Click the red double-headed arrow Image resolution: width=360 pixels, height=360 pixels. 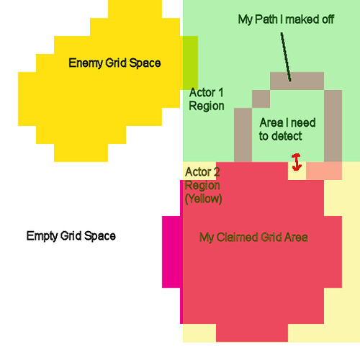tap(297, 162)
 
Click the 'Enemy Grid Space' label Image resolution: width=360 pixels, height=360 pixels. tap(114, 63)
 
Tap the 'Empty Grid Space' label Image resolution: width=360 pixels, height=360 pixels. tap(71, 236)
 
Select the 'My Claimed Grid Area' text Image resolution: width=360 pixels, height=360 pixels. tap(253, 238)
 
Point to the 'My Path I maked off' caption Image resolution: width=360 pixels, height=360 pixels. tap(286, 19)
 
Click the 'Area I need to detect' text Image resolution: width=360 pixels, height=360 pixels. tap(287, 130)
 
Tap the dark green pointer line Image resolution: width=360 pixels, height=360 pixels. tap(286, 57)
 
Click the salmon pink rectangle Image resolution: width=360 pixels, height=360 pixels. tap(324, 171)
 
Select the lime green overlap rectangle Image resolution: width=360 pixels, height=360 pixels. tap(190, 63)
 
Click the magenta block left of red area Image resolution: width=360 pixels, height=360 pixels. tap(173, 252)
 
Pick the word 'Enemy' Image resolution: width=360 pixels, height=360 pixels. tap(86, 63)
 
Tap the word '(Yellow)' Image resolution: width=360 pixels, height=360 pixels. tap(204, 199)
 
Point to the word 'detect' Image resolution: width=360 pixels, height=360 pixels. tap(287, 136)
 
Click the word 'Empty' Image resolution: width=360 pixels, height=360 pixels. tap(42, 236)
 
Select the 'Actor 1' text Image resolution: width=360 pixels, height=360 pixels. tap(207, 93)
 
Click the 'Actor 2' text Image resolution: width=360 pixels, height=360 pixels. tap(202, 172)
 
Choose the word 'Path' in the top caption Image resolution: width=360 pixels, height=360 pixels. tap(266, 19)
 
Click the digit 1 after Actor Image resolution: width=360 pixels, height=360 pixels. tap(221, 93)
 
